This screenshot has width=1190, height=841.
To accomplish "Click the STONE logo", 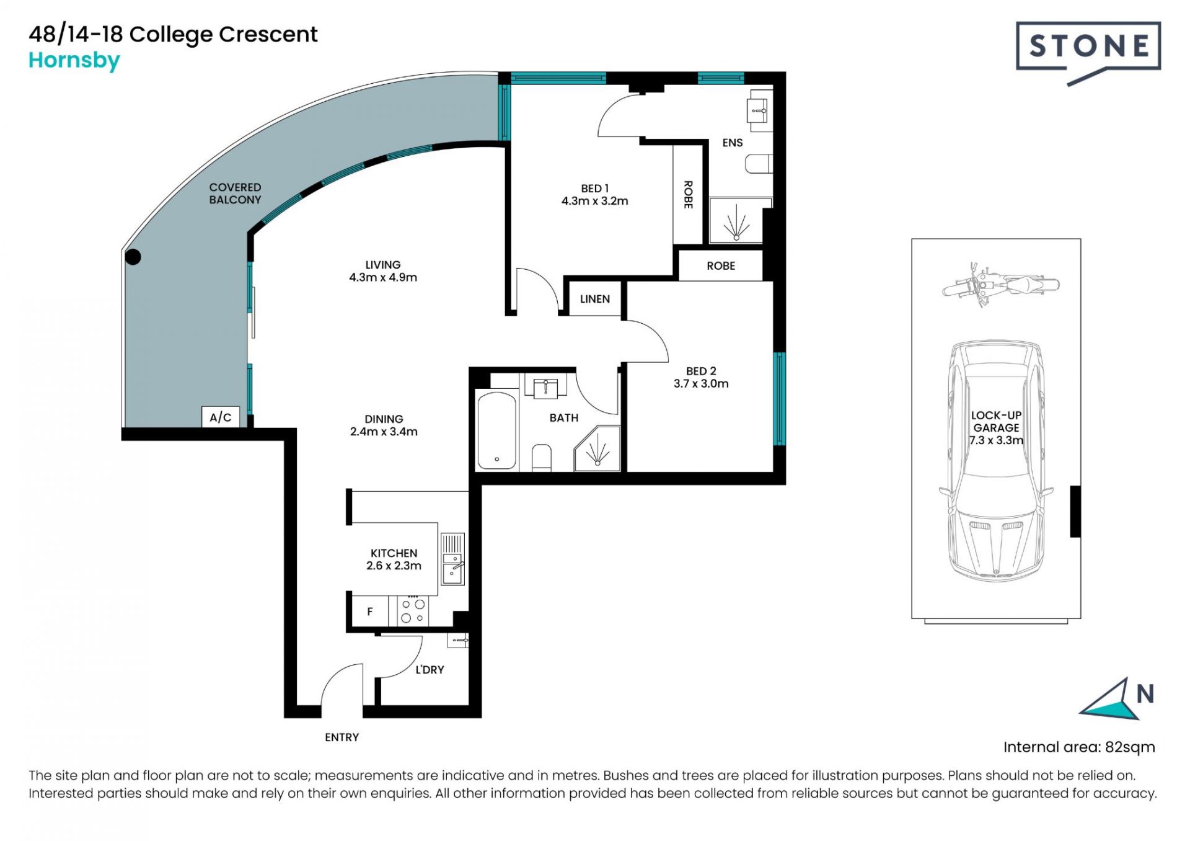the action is [x=1088, y=53].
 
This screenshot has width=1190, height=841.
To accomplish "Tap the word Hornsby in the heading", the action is [x=74, y=61].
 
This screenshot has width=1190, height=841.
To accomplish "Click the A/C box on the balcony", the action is [x=221, y=417].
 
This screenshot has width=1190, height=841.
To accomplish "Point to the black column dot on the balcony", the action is [x=133, y=256].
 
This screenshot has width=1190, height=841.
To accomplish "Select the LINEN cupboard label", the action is [x=595, y=299].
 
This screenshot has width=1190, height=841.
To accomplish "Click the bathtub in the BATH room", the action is [x=496, y=430].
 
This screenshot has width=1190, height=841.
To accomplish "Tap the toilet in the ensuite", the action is [x=758, y=164].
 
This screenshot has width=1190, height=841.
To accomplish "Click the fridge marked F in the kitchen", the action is [x=370, y=612].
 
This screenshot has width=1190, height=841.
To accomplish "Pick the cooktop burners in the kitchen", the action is [x=413, y=610].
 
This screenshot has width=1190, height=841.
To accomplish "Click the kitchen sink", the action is [x=452, y=559].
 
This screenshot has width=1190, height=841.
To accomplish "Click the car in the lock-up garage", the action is [x=996, y=461].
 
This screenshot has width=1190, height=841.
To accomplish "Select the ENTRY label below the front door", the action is [x=342, y=737].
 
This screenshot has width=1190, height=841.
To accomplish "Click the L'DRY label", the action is [x=430, y=670].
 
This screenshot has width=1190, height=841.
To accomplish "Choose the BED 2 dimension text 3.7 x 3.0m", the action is [x=701, y=384].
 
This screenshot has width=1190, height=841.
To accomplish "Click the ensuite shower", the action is [x=736, y=221].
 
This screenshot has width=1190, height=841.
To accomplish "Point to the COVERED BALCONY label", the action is [x=235, y=194].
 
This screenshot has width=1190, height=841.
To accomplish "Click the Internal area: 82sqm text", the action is [x=1079, y=747].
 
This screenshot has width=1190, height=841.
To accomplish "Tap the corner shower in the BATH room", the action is [x=597, y=448].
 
